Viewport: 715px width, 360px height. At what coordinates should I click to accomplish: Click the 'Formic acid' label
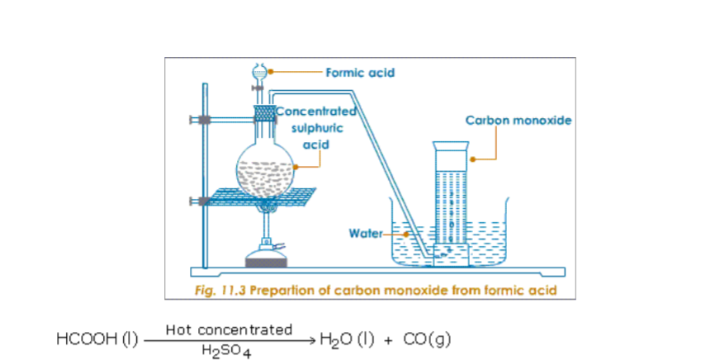pyautogui.click(x=360, y=73)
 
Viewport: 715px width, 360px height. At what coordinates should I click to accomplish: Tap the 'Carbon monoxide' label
pyautogui.click(x=518, y=121)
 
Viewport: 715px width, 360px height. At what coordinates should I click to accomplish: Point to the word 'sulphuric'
pyautogui.click(x=311, y=128)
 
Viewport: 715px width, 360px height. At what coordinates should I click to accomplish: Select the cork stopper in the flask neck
pyautogui.click(x=263, y=111)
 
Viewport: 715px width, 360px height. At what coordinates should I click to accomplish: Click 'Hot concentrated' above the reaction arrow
pyautogui.click(x=229, y=329)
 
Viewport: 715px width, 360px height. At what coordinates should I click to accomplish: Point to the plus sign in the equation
pyautogui.click(x=388, y=339)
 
